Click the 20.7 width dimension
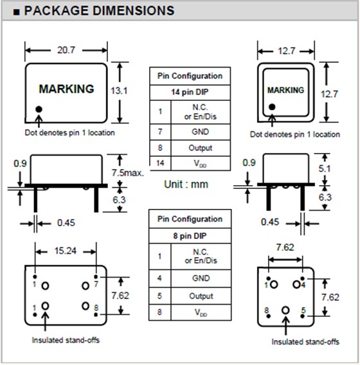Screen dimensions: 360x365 pos(66,50)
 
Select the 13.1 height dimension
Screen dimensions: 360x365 pos(119,91)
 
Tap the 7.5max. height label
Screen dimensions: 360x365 pos(127,173)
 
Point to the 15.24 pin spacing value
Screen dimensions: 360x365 pos(66,251)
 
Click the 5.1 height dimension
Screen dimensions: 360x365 pos(325,168)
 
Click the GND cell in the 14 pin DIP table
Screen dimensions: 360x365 pos(201,132)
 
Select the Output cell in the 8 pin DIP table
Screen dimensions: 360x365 pos(201,296)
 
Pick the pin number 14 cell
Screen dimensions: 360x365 pos(160,163)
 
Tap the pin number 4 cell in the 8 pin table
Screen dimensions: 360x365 pos(159,278)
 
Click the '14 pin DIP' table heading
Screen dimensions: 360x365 pos(190,93)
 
